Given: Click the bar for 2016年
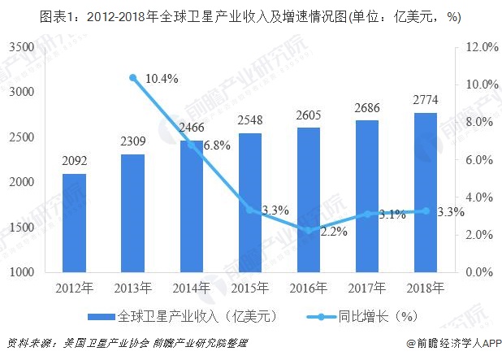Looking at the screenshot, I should [x=308, y=199].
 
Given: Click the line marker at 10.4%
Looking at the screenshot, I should [x=132, y=77].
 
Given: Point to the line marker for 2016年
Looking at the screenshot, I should [x=308, y=231].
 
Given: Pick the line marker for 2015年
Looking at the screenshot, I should [x=249, y=210].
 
